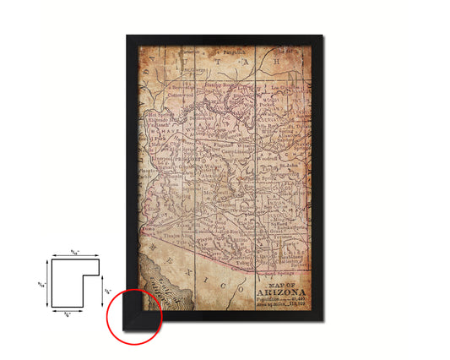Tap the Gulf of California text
click(157, 292)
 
